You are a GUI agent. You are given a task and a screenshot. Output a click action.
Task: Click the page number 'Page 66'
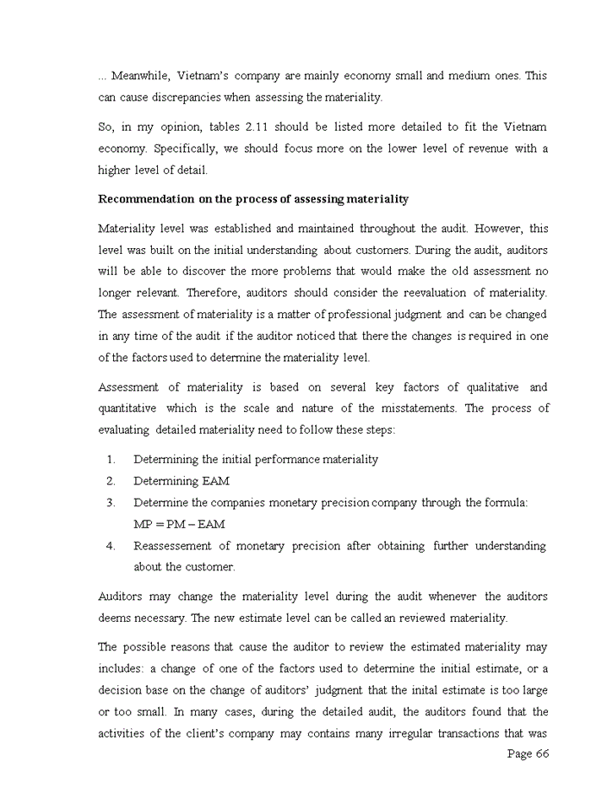[x=528, y=753]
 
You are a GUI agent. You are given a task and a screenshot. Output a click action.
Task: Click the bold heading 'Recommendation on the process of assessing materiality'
[x=253, y=199]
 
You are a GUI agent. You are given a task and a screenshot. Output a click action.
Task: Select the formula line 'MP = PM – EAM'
[x=179, y=524]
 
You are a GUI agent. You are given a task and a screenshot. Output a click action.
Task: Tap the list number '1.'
[x=111, y=460]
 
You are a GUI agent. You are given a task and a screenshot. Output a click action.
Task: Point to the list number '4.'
[x=111, y=546]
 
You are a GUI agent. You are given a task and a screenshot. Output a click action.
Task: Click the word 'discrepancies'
[x=187, y=98]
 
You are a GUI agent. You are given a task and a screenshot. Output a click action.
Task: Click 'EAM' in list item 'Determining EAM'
[x=216, y=481]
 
